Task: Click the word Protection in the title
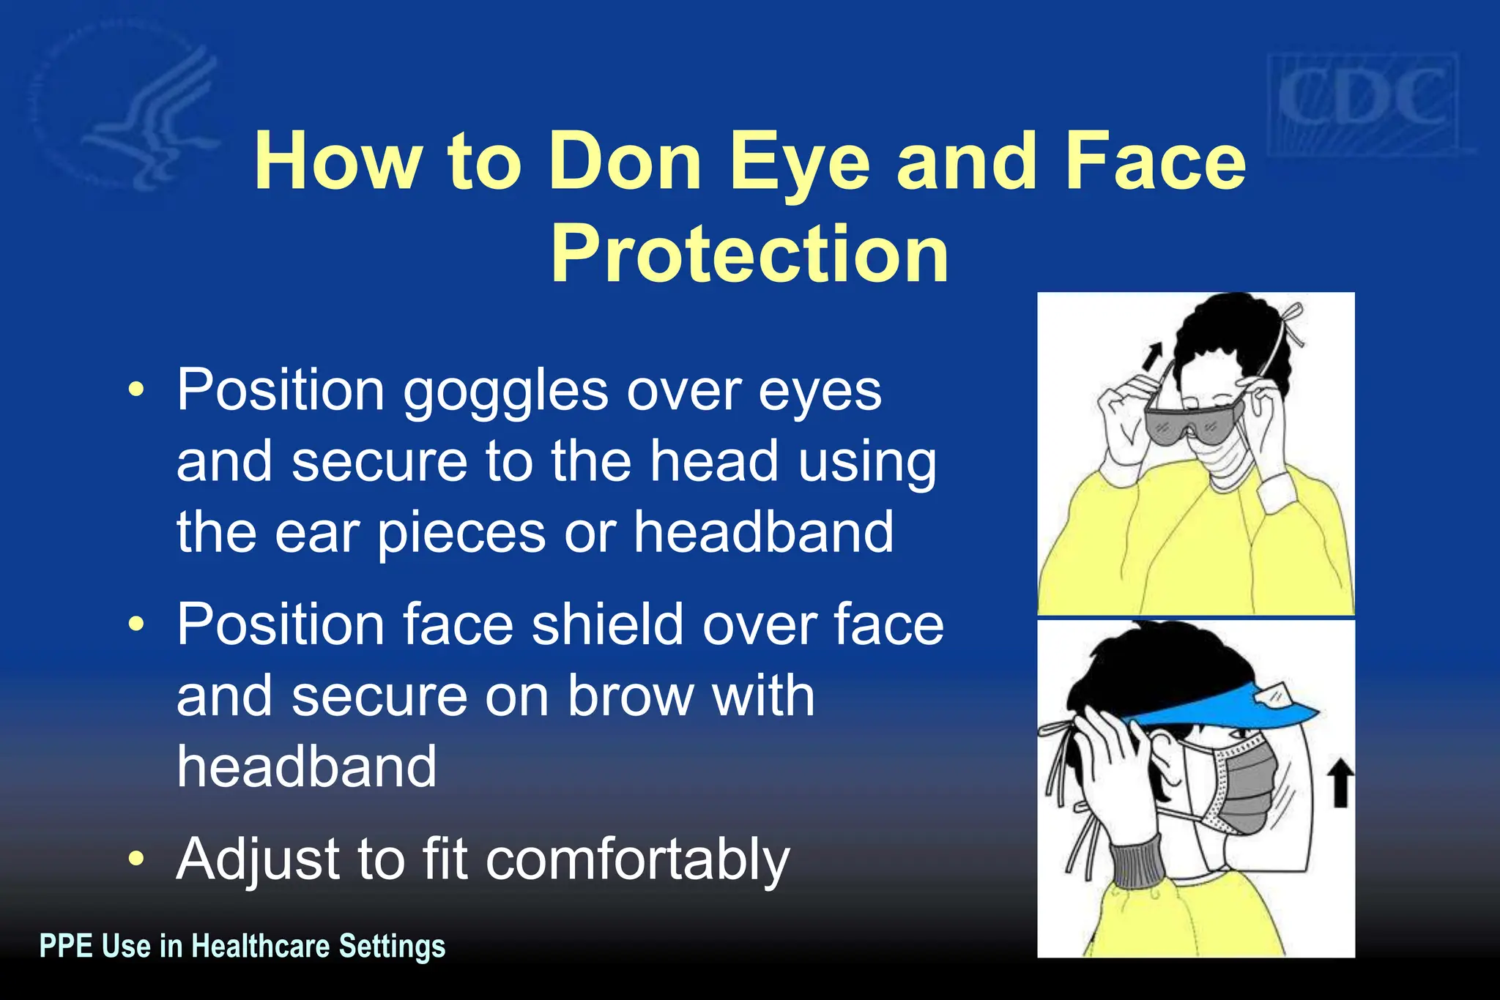pyautogui.click(x=749, y=253)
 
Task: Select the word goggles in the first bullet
pyautogui.click(x=505, y=391)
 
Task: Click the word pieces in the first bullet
pyautogui.click(x=461, y=533)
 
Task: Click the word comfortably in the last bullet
pyautogui.click(x=637, y=859)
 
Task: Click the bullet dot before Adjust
pyautogui.click(x=135, y=858)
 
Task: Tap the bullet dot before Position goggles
pyautogui.click(x=135, y=389)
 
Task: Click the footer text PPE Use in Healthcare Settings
pyautogui.click(x=242, y=946)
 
